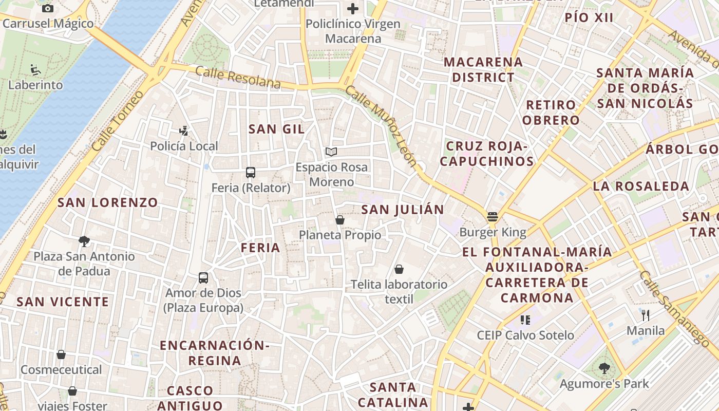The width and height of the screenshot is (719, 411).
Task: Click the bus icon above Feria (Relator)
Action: pos(251,173)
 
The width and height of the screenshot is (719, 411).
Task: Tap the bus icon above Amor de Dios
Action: pos(203,278)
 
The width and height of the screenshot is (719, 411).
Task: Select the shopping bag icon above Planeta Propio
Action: pos(339,220)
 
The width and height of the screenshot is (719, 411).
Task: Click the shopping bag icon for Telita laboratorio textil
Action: pos(399,269)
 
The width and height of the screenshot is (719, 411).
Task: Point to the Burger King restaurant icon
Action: pos(493,217)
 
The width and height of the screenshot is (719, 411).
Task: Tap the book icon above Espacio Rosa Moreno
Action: pos(331,152)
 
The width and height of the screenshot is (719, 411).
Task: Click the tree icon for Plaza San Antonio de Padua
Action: pos(84,241)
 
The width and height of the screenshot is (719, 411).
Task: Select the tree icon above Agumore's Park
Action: pos(604,368)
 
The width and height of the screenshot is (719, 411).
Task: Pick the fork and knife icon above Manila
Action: pos(646,315)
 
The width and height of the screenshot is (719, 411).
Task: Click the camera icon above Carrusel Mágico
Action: pos(48,8)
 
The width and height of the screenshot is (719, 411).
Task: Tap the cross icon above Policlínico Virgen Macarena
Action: pos(353,9)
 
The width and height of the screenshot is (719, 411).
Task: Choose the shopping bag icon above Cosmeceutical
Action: pos(61,354)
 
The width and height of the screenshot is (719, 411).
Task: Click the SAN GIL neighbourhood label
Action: pos(276,129)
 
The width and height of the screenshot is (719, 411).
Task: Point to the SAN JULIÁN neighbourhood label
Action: pos(402,210)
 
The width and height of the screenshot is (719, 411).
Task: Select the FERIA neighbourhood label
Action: pos(261,248)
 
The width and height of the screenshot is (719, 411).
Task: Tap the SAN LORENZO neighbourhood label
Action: pos(108,202)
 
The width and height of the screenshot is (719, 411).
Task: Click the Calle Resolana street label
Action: pos(238,78)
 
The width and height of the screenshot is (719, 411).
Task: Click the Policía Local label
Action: pos(184,146)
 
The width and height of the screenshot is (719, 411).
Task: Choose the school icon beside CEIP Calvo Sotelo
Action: pos(525,320)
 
